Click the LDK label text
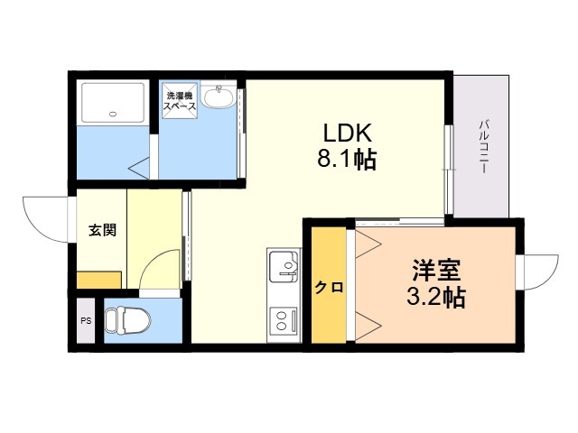(x=347, y=133)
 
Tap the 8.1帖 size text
(x=347, y=159)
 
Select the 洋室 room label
(x=436, y=271)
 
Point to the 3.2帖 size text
(x=436, y=297)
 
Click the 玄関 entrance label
(x=102, y=230)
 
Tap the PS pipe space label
(x=86, y=321)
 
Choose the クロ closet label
(x=329, y=287)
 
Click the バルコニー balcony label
(x=483, y=146)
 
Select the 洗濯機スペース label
(x=180, y=101)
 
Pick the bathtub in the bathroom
(x=113, y=102)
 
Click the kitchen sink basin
(x=284, y=265)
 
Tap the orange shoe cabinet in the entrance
(x=99, y=281)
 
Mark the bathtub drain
(x=113, y=114)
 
